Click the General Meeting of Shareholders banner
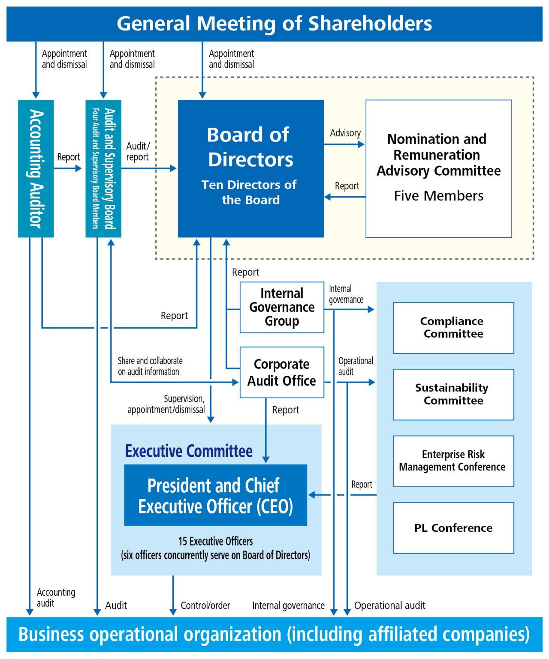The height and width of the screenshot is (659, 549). (274, 24)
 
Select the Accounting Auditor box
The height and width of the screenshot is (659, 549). (36, 168)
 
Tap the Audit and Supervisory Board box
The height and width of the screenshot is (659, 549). (103, 168)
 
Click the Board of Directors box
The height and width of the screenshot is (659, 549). (251, 168)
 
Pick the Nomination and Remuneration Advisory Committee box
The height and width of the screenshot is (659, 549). (439, 168)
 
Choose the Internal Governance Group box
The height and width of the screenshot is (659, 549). (282, 307)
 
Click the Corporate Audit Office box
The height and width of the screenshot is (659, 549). (282, 372)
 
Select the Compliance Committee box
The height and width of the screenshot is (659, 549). (453, 328)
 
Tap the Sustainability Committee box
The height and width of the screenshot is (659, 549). (453, 395)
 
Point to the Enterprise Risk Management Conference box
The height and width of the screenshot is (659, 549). (453, 461)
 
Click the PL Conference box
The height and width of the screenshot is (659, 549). (453, 528)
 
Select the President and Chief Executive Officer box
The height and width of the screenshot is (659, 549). (215, 495)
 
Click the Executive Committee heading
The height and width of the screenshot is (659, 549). (189, 451)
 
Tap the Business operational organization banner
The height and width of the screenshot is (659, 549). (274, 635)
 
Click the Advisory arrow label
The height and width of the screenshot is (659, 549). (345, 133)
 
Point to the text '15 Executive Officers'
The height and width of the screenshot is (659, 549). (215, 542)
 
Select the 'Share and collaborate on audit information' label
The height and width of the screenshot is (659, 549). (150, 366)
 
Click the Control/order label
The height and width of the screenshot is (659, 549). (205, 605)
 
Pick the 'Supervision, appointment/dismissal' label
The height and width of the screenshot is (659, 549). (166, 404)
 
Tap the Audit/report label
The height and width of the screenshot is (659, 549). (138, 152)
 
